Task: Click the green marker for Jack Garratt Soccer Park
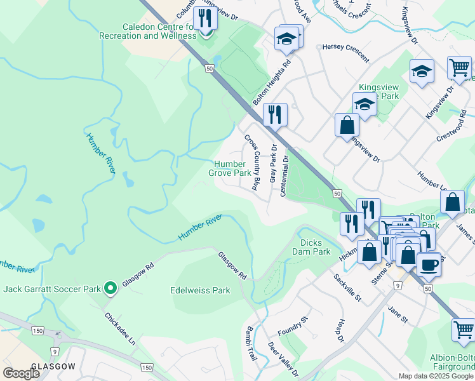(x=110, y=289)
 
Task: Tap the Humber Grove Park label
(x=229, y=168)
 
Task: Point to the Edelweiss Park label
(x=199, y=290)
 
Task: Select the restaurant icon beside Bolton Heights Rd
(x=275, y=114)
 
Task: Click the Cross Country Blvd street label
(x=252, y=163)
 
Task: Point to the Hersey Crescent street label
(x=346, y=53)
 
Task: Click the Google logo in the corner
(x=21, y=373)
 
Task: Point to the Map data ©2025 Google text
(x=436, y=376)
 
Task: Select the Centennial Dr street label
(x=284, y=176)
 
